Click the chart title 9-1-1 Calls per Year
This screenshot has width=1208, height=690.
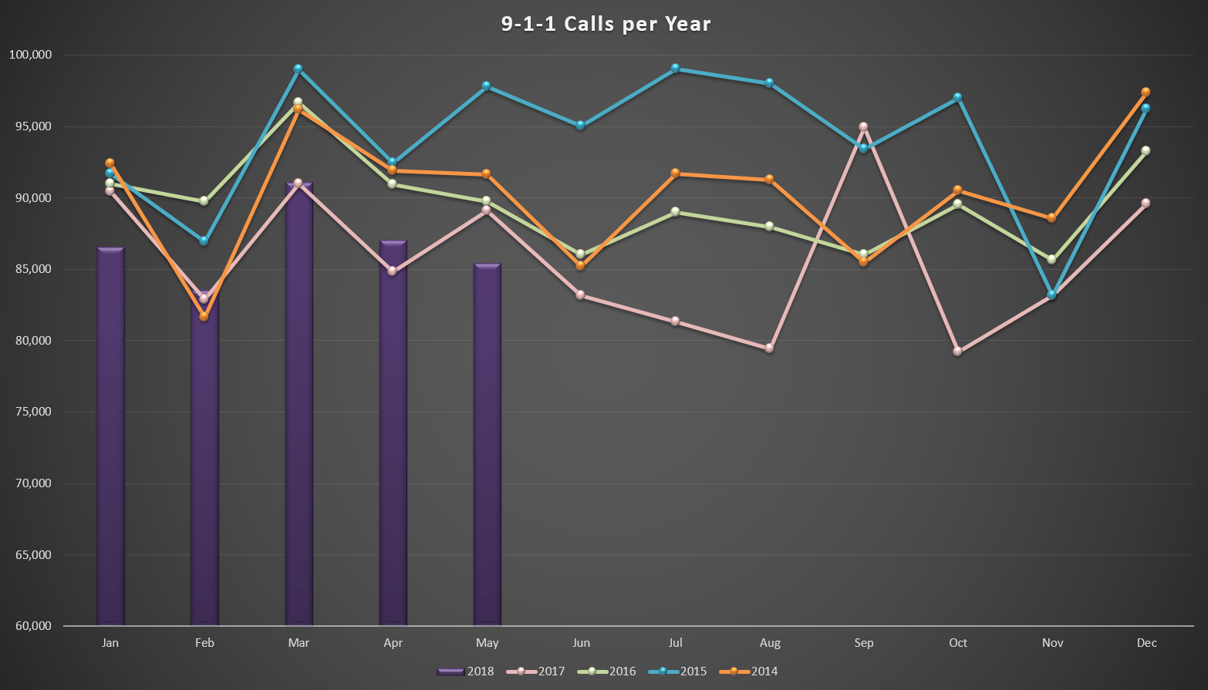pos(606,24)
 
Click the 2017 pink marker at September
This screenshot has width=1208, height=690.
pos(863,126)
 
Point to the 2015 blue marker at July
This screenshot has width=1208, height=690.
pos(675,69)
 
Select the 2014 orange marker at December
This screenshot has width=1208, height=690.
pos(1146,93)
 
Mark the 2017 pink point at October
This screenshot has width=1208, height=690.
pos(957,351)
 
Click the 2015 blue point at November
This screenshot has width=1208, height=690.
pos(1051,295)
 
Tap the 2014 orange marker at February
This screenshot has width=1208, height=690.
pos(204,316)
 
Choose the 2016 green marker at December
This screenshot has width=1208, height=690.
pos(1146,150)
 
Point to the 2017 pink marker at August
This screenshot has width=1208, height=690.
pos(769,348)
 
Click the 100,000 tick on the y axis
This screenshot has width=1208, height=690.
pos(30,55)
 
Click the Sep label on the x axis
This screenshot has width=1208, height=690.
pos(864,643)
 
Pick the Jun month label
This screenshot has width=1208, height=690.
pos(581,643)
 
